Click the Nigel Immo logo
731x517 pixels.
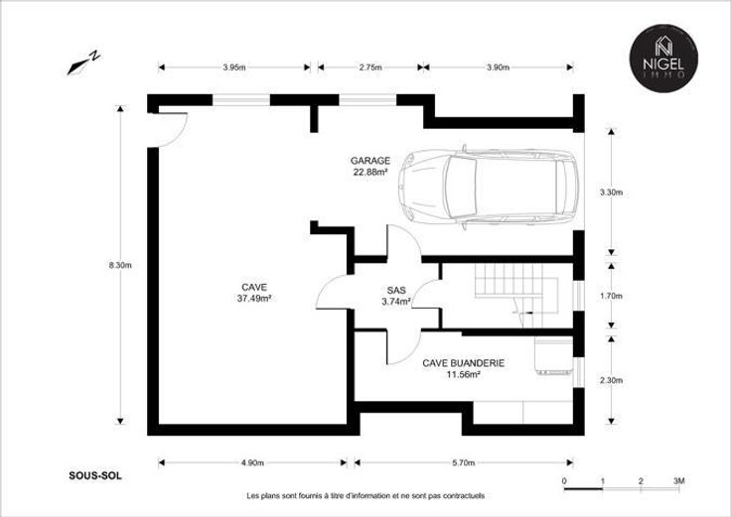point(663,59)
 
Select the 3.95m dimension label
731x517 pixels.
point(234,67)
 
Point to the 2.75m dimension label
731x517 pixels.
point(370,67)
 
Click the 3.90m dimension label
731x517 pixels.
point(498,67)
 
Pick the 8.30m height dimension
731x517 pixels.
point(120,266)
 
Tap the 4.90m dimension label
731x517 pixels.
point(252,463)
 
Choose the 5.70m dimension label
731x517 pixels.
point(464,463)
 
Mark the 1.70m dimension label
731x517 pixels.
point(611,297)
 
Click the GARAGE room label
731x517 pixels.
point(370,161)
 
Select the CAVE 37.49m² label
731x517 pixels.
point(254,293)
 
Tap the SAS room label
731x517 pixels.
point(396,290)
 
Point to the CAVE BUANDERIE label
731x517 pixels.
point(464,363)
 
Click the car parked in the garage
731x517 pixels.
point(488,188)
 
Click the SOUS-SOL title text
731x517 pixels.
point(95,476)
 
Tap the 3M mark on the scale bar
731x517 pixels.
point(679,481)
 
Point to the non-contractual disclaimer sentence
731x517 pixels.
point(365,496)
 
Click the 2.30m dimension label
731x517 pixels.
point(611,380)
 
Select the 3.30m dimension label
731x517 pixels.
point(611,193)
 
